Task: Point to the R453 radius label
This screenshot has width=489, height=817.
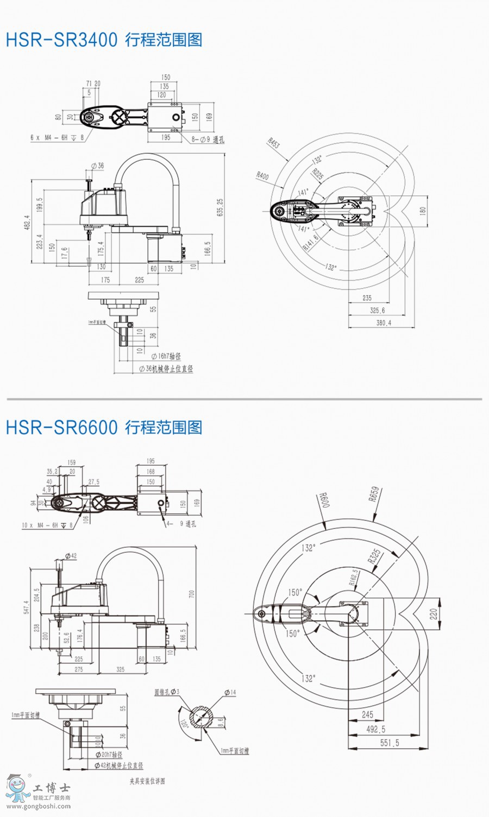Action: tap(273, 143)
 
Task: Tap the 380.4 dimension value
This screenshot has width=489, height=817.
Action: tap(383, 323)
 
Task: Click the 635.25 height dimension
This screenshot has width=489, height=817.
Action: tap(220, 208)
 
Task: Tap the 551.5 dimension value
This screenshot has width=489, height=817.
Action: tap(390, 743)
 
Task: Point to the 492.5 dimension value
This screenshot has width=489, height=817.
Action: tap(375, 729)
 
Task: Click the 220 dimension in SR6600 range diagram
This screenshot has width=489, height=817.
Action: tap(434, 613)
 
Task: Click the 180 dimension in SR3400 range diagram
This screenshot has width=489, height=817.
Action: tap(423, 211)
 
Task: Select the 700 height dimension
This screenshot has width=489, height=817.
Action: tap(191, 594)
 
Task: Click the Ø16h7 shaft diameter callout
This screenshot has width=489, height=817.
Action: tap(166, 356)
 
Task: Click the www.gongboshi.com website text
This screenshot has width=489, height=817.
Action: tap(38, 806)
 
